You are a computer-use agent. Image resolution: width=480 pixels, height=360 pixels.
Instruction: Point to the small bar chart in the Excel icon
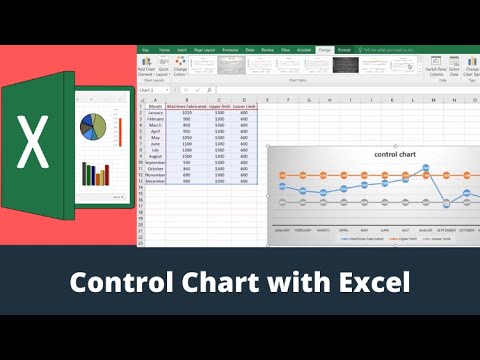[x=95, y=175]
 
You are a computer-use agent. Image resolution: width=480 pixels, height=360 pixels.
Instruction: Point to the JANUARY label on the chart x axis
[x=283, y=229]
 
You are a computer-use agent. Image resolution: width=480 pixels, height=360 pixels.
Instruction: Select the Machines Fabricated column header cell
[x=186, y=106]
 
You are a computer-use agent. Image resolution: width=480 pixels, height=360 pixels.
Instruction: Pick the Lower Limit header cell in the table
[x=245, y=106]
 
